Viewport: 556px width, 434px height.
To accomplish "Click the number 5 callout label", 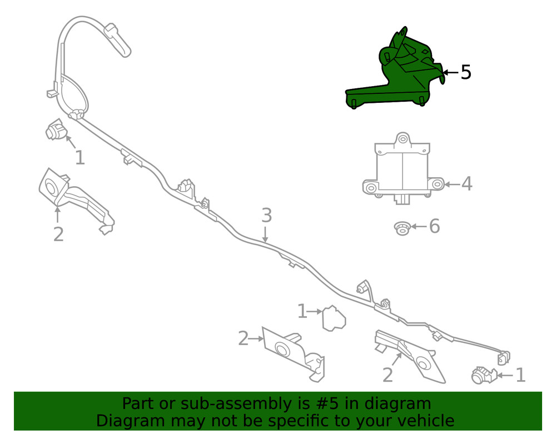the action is click(466, 72).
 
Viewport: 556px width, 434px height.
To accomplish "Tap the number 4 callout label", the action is click(466, 184).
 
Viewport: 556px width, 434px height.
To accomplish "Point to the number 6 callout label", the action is click(434, 226).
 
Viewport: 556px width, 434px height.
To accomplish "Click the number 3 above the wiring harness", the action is click(267, 216).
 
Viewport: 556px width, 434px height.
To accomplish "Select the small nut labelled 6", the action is click(403, 228).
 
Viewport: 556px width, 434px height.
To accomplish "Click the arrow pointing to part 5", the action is click(451, 73).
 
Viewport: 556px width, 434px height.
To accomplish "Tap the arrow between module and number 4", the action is click(452, 184).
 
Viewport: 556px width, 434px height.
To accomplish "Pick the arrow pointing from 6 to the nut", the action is click(419, 226).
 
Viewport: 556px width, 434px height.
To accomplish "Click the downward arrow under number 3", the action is click(265, 233).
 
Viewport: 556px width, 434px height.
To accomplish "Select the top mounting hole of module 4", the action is click(403, 138).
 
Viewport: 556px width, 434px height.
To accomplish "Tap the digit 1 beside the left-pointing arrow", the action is click(520, 375).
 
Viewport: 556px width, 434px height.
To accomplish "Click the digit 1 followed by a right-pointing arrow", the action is click(302, 311).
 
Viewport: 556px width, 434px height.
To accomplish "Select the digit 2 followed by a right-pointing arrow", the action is click(244, 338).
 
